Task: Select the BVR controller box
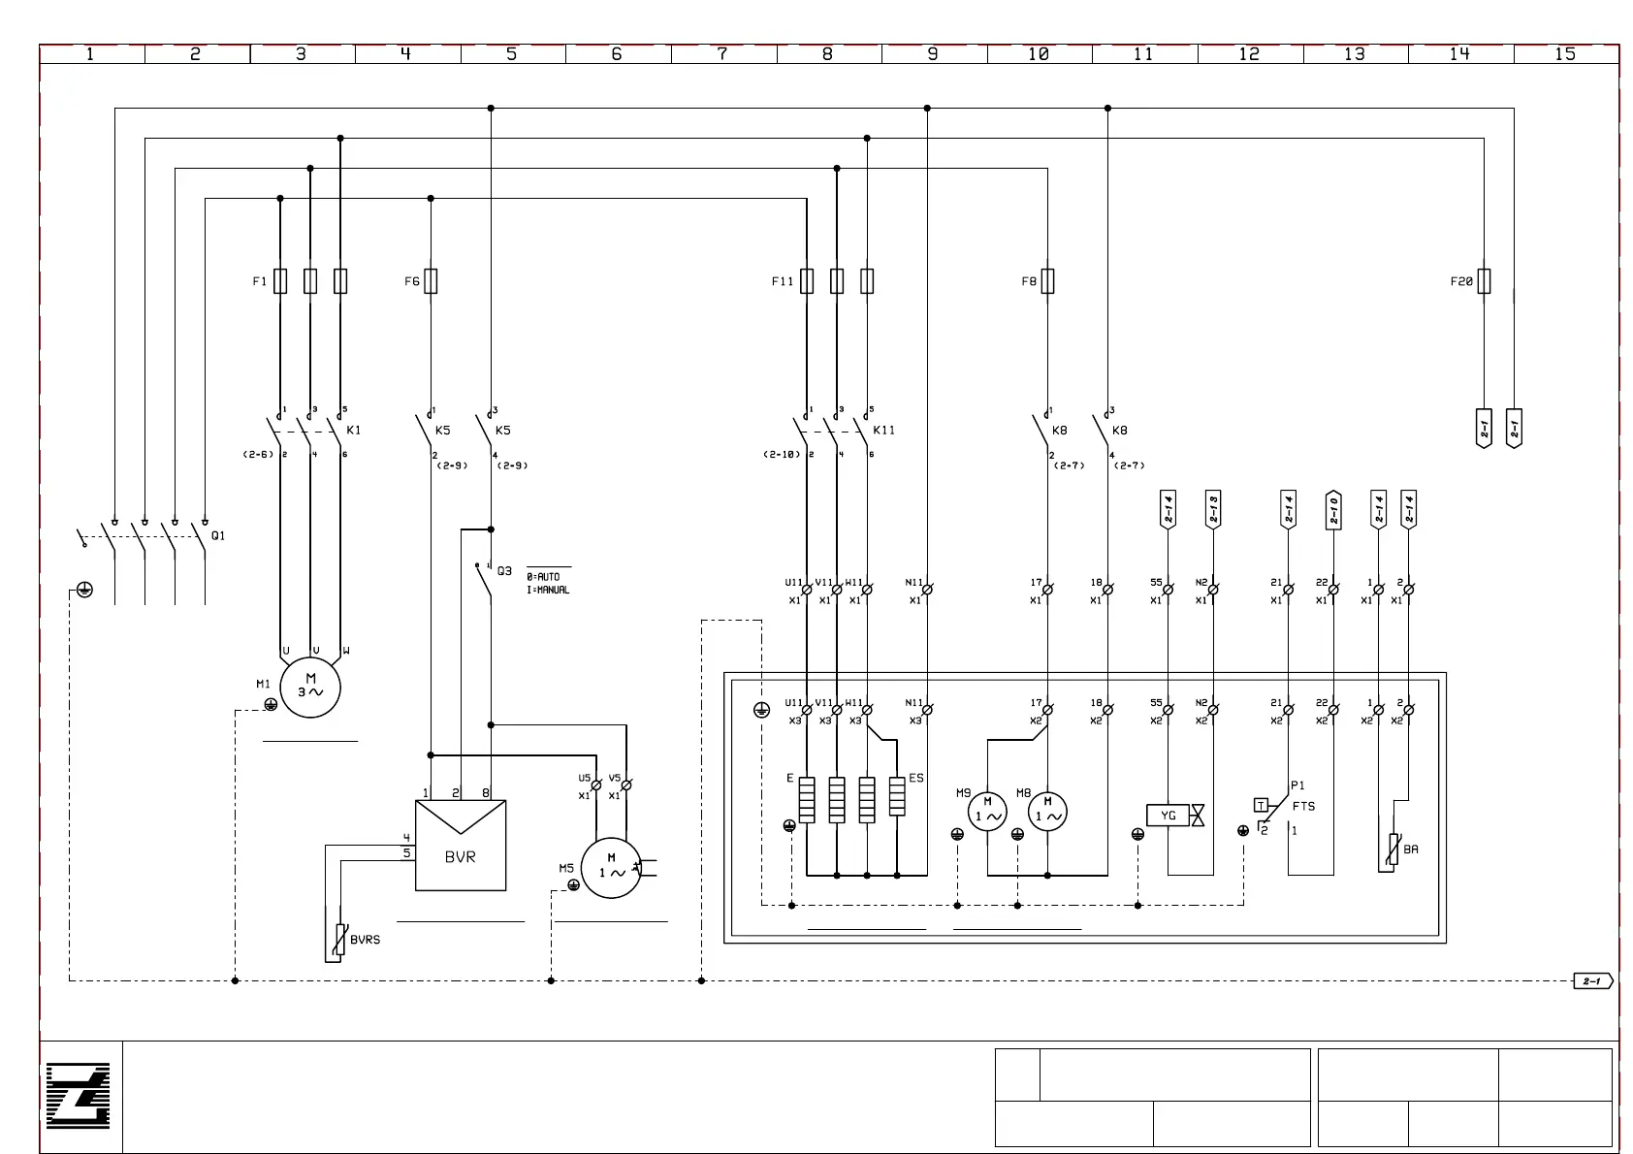[x=461, y=846]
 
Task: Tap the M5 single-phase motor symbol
[x=611, y=867]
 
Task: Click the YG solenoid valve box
[x=1169, y=816]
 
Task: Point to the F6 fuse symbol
[x=431, y=281]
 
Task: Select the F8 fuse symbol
[x=1047, y=281]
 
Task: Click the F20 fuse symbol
[x=1484, y=281]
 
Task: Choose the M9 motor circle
[x=987, y=811]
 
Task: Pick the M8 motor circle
[x=1047, y=811]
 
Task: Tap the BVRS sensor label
[x=365, y=940]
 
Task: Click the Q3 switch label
[x=504, y=571]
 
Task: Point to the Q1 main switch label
[x=218, y=535]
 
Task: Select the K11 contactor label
[x=883, y=430]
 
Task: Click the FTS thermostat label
[x=1303, y=806]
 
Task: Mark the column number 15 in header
[x=1565, y=54]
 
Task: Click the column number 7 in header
[x=722, y=54]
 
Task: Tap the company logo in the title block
[x=79, y=1096]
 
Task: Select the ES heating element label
[x=916, y=778]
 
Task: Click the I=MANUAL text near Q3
[x=548, y=590]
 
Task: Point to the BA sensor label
[x=1411, y=849]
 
